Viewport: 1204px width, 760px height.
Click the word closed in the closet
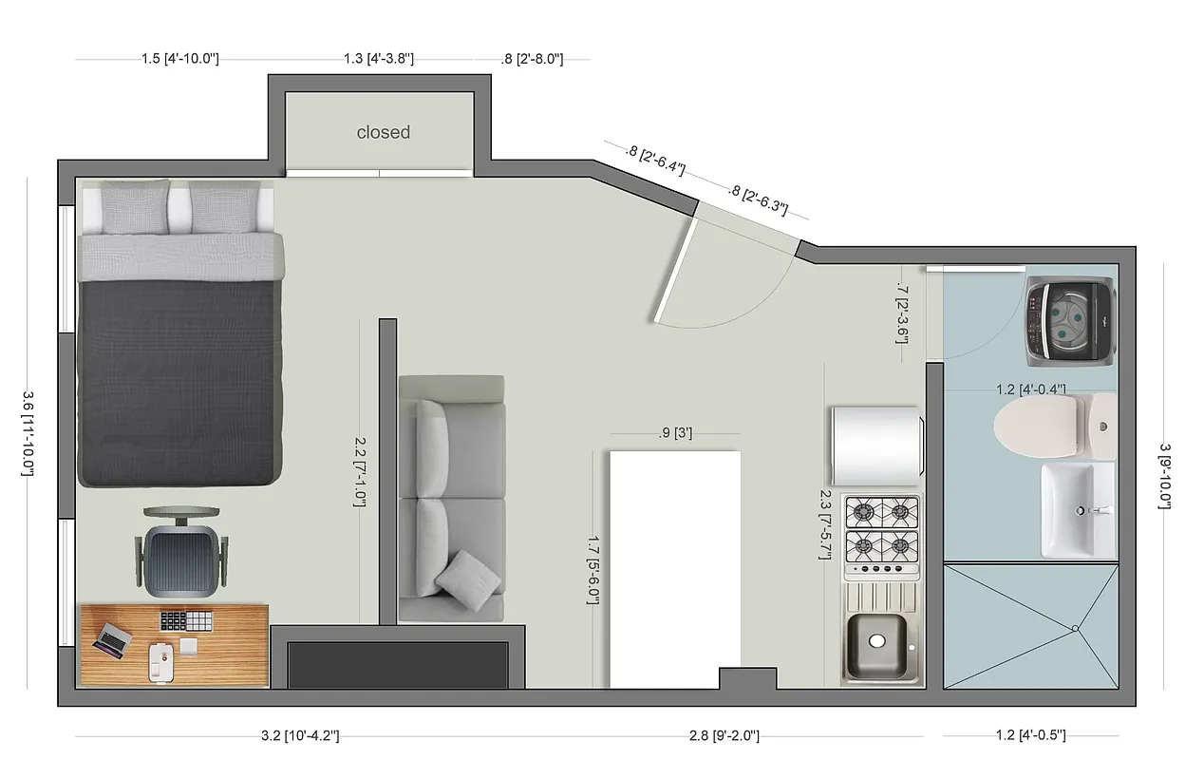383,132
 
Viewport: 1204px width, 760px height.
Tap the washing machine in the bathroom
1069,322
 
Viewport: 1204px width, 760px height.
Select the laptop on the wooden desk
111,638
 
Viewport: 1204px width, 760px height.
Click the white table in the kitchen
674,569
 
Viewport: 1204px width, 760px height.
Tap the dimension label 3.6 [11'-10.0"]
28,434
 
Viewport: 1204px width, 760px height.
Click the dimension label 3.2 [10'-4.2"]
300,735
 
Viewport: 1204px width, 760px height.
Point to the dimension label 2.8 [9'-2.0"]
724,735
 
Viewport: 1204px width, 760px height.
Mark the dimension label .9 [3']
675,433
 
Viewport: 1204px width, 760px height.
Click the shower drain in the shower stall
1074,628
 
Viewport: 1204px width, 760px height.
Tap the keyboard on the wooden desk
184,620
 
